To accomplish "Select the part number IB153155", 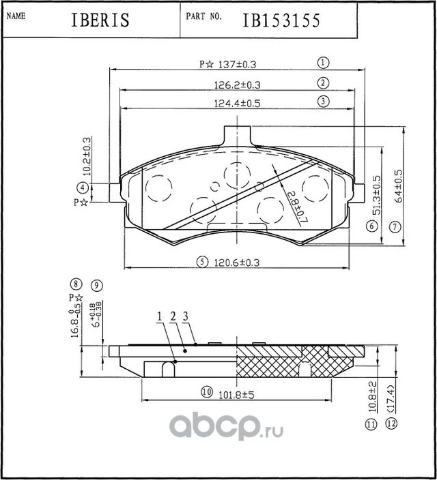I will [x=281, y=21].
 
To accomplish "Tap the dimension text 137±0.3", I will [x=236, y=64].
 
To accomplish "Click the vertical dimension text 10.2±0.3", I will [x=87, y=155].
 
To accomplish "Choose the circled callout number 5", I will [x=202, y=261].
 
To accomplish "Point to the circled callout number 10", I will [x=205, y=392].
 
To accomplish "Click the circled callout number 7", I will [x=395, y=226].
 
